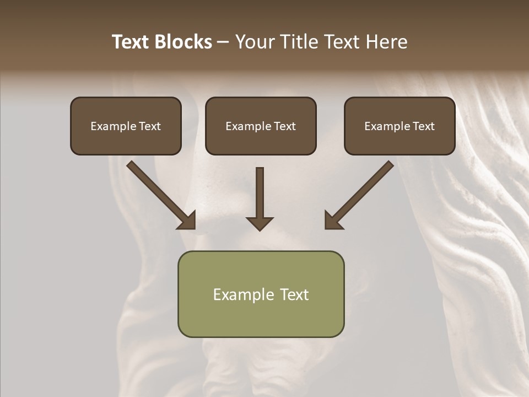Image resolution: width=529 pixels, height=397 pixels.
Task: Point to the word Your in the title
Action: coord(255,42)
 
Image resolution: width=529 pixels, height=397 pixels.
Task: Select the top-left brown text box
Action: coord(126,126)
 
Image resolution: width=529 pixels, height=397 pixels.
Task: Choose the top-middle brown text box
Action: coord(261,126)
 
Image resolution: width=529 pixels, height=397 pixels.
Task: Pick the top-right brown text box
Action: coord(400,126)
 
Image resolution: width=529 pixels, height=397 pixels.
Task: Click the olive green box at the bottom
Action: coord(261,294)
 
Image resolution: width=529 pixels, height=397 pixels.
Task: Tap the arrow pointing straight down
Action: coord(260,198)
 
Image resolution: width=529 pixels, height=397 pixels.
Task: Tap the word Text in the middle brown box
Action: coord(285,126)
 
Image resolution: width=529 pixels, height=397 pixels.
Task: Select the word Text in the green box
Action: coord(294,294)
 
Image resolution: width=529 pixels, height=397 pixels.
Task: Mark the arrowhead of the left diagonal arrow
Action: coord(187,221)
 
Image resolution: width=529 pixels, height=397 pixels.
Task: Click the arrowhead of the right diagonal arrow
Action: coord(333,221)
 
